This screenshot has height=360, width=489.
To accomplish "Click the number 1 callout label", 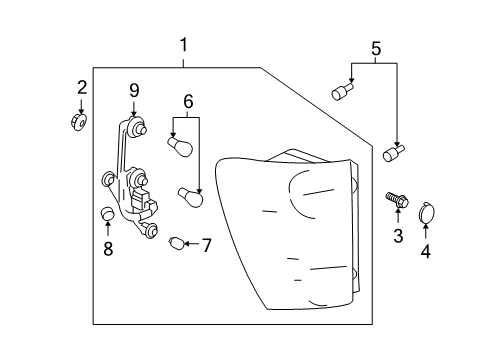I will pos(183,45).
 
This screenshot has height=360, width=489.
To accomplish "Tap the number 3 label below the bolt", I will pos(397,236).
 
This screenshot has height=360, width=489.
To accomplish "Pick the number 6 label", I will pos(186,101).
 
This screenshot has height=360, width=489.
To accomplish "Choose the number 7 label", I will pos(207,244).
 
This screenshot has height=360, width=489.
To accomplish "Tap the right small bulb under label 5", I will pos(392,153).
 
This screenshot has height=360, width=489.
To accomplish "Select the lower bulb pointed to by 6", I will pos(190,196).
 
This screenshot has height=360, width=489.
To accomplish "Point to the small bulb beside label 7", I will pos(178,242).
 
